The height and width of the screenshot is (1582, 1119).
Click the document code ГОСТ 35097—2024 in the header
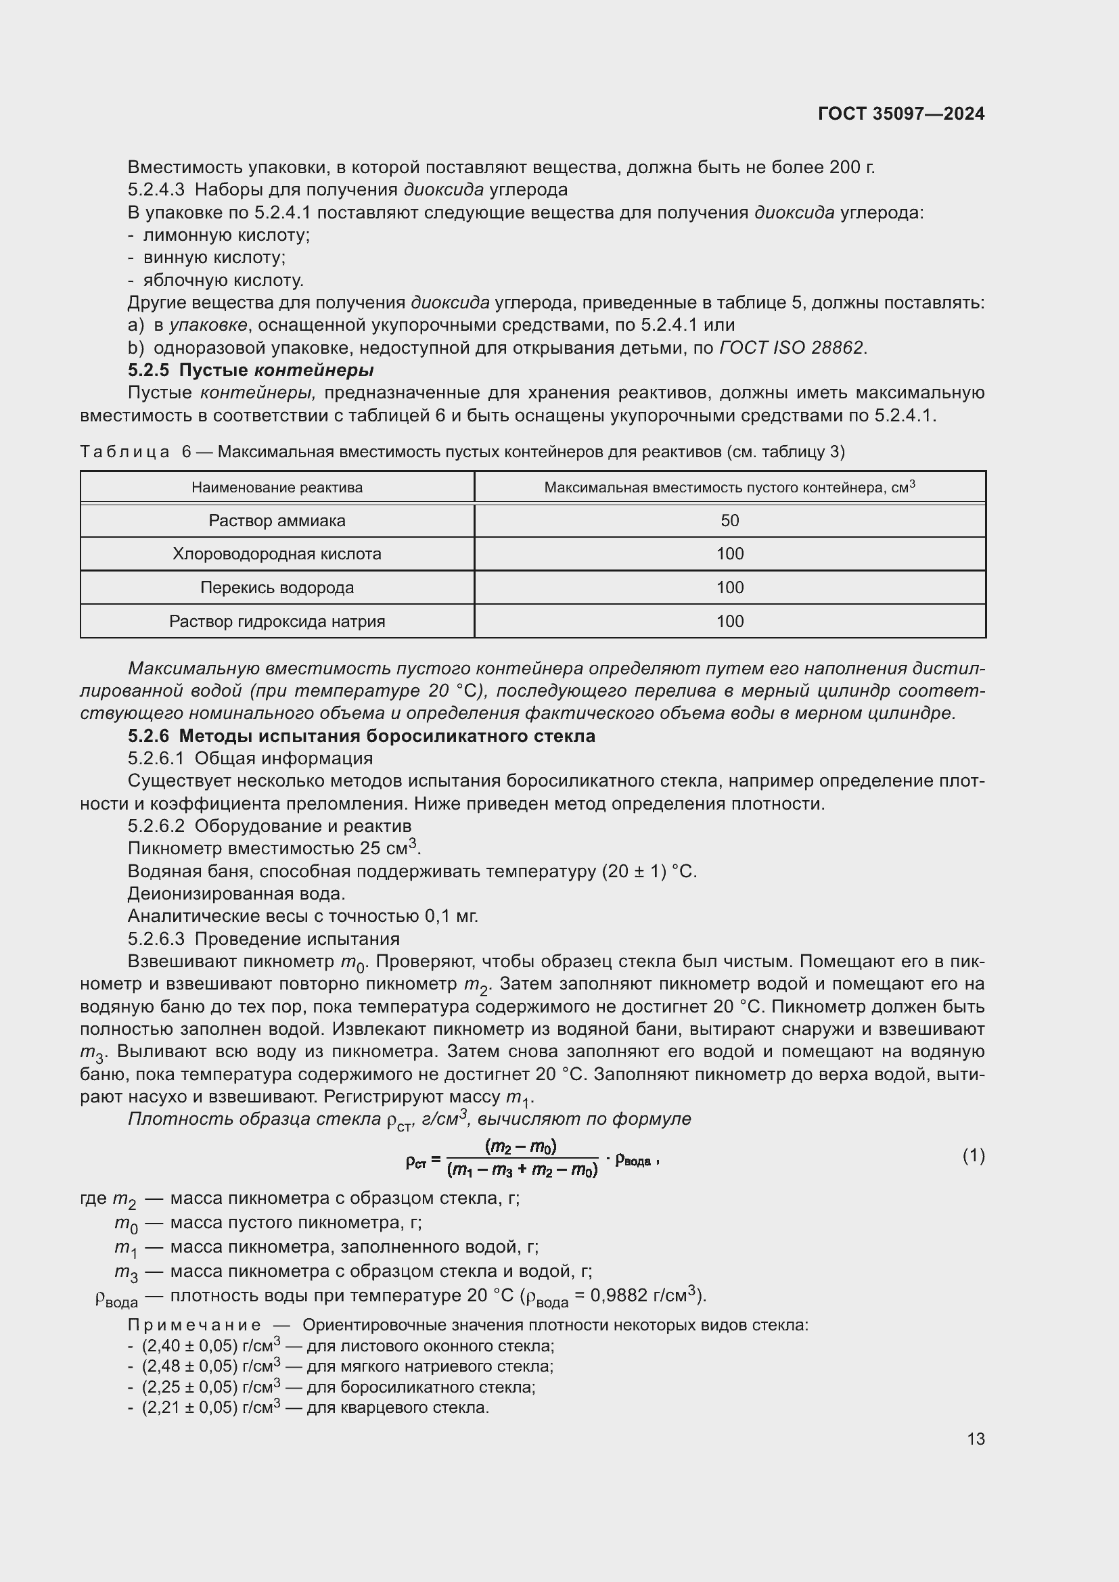[x=900, y=114]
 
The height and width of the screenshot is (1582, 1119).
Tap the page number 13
[x=975, y=1439]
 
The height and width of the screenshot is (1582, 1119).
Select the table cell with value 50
[x=729, y=521]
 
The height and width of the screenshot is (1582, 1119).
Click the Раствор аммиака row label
[x=277, y=521]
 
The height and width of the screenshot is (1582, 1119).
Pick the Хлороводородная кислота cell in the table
[x=277, y=554]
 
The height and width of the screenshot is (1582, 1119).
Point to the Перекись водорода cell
[x=277, y=588]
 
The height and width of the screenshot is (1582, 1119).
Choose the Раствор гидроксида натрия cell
[x=277, y=622]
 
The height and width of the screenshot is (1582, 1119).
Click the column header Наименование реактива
[x=277, y=488]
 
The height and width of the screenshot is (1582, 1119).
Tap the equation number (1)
[x=973, y=1155]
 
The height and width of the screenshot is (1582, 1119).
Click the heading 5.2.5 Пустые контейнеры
[x=251, y=371]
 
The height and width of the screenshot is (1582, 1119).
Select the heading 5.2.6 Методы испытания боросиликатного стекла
[x=362, y=736]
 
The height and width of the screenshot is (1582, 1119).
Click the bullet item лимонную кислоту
[x=226, y=235]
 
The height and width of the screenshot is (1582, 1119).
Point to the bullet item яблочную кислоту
[x=223, y=281]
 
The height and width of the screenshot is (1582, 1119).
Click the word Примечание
[x=194, y=1325]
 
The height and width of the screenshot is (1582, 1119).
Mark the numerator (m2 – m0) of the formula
[x=521, y=1146]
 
